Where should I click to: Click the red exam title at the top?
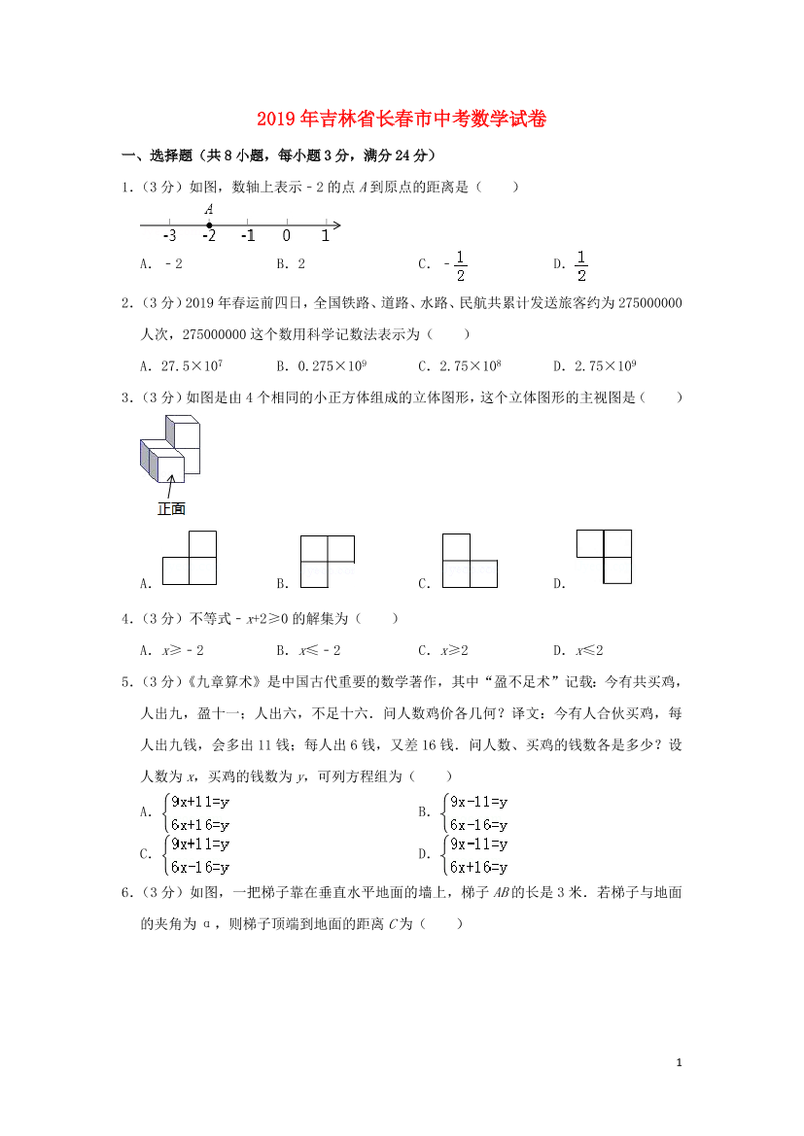pyautogui.click(x=402, y=120)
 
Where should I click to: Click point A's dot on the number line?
pyautogui.click(x=209, y=225)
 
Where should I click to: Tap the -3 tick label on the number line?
pyautogui.click(x=169, y=236)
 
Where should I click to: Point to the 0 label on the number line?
pyautogui.click(x=287, y=236)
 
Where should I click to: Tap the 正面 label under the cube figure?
pyautogui.click(x=171, y=508)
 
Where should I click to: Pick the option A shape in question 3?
pyautogui.click(x=190, y=558)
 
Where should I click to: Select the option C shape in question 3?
pyautogui.click(x=470, y=561)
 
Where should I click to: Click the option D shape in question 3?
pyautogui.click(x=605, y=557)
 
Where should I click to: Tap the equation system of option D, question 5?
pyautogui.click(x=476, y=855)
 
